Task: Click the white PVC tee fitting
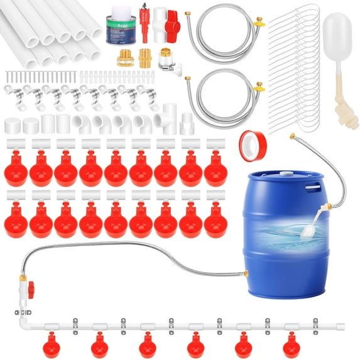click(165, 119)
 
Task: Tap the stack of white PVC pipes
click(51, 35)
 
